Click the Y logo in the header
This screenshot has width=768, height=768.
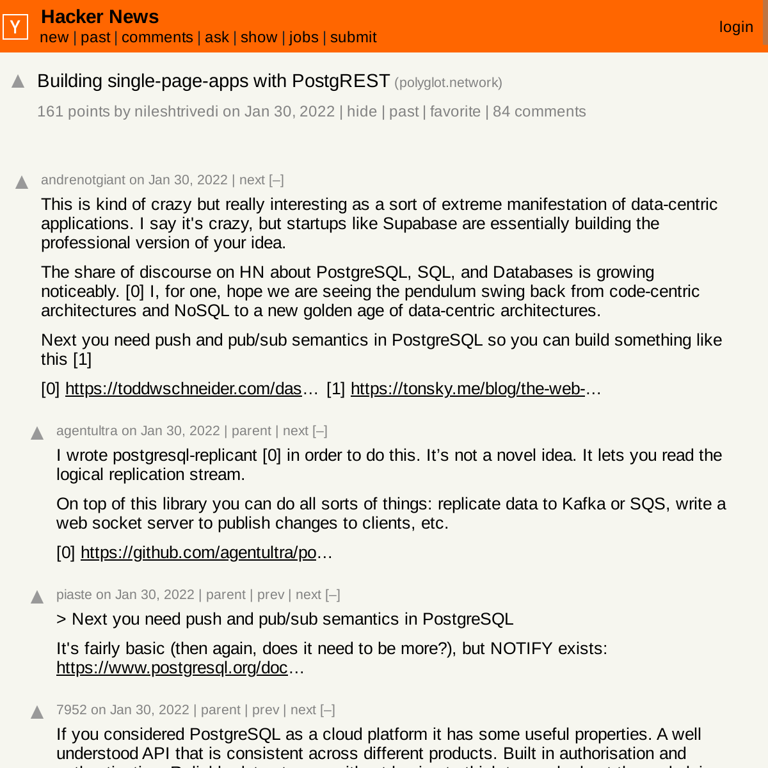coord(15,27)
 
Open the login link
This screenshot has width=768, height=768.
coord(736,27)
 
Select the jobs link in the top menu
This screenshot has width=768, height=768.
coord(303,38)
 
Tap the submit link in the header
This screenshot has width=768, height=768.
coord(353,38)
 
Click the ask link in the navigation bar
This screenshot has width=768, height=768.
coord(217,38)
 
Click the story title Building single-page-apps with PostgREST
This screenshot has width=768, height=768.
coord(213,81)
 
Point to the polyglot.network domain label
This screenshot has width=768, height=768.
coord(448,83)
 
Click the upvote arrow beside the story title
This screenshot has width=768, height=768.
coord(18,82)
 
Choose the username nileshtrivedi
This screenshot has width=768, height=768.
coord(176,112)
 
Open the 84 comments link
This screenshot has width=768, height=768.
coord(539,112)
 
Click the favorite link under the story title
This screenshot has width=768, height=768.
coord(455,112)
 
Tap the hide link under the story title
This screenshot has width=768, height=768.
coord(362,112)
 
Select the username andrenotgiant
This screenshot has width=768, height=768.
coord(83,180)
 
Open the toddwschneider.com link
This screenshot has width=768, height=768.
coord(183,389)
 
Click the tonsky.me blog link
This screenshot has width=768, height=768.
coord(467,389)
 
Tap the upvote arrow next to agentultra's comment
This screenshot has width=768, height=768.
coord(37,434)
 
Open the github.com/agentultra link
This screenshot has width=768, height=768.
coord(198,553)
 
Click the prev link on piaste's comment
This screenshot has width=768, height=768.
coord(271,595)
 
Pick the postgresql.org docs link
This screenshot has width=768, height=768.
coord(172,668)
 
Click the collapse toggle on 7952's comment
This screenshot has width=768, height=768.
coord(328,710)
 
